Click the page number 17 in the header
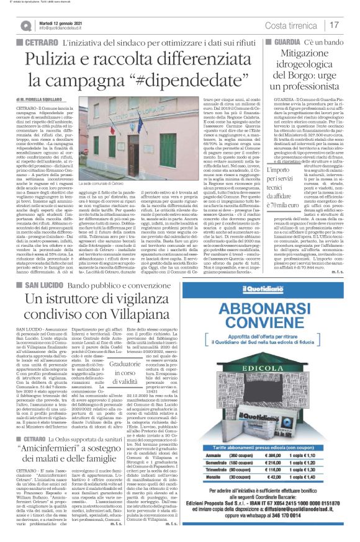coord(335,25)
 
